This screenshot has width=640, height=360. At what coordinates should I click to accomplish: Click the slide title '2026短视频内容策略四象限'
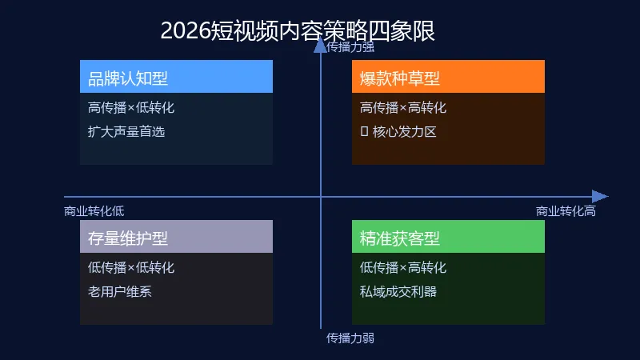[298, 30]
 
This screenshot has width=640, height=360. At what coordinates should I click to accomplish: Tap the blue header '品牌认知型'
[128, 78]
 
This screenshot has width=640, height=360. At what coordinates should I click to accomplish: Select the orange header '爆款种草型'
[400, 78]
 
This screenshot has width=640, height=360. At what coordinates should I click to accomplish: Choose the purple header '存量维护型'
[128, 238]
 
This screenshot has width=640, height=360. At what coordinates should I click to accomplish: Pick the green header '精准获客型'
[400, 238]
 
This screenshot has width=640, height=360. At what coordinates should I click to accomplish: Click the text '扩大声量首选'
[126, 132]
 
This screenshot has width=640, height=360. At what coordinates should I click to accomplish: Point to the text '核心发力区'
[405, 132]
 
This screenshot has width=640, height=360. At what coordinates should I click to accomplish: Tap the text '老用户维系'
[120, 292]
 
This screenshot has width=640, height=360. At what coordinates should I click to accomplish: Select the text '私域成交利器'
[398, 292]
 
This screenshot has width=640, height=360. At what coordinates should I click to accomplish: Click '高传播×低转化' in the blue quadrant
[131, 108]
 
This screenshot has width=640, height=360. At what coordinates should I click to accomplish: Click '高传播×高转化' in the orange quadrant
[403, 108]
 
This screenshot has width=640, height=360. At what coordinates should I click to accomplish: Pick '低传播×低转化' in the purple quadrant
[131, 268]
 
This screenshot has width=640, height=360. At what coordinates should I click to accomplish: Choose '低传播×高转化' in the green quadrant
[403, 268]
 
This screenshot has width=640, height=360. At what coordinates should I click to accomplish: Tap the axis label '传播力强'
[350, 46]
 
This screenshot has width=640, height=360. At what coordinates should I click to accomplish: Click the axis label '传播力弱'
[350, 338]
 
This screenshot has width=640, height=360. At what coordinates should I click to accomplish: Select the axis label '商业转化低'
[94, 211]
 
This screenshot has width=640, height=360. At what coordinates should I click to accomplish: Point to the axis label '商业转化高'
[566, 211]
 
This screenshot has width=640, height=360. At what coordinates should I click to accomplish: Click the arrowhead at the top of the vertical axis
[321, 45]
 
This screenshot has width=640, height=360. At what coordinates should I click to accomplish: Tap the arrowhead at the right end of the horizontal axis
[600, 197]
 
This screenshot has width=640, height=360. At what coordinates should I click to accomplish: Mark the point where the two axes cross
[321, 197]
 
